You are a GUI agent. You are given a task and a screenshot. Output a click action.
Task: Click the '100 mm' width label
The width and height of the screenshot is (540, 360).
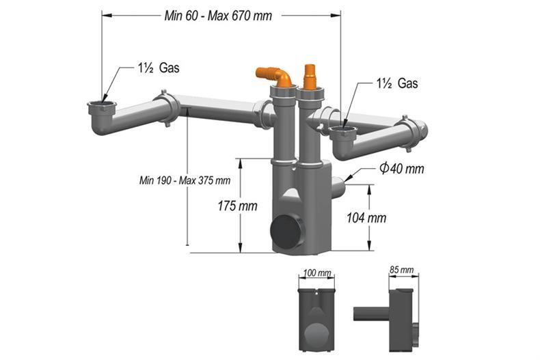pos(316,273)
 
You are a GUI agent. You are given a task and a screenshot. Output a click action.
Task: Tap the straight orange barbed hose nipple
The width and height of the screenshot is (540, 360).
pos(309,76)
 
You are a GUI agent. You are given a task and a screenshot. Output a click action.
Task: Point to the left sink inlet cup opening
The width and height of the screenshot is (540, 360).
pos(102,106)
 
